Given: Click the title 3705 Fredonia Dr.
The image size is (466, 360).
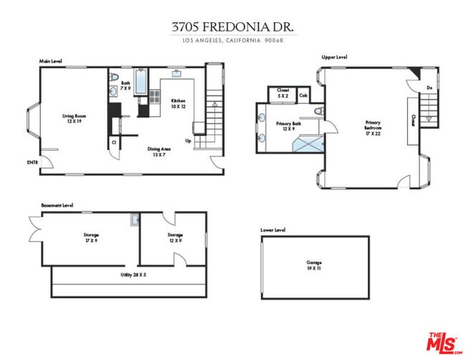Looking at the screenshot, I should point(233,27).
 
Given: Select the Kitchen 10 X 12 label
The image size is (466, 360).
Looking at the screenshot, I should point(178,103).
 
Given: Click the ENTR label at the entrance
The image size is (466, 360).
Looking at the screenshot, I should point(32,163).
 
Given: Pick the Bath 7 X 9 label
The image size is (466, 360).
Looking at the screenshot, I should point(125,86).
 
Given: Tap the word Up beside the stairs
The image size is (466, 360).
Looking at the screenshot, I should point(188,141).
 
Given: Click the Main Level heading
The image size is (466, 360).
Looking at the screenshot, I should point(50,62).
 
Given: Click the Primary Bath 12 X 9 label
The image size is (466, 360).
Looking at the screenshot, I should point(288,126).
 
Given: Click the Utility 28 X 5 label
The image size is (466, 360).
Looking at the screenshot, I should point(133,275).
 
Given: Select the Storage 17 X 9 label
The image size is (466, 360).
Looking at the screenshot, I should point(90,237).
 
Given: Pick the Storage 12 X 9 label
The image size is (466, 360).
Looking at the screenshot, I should point(175,237).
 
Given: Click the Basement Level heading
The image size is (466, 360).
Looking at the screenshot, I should point(57,205).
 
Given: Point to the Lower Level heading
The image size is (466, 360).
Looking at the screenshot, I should point(273,230).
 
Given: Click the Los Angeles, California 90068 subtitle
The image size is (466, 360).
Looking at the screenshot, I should point(233,40).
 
